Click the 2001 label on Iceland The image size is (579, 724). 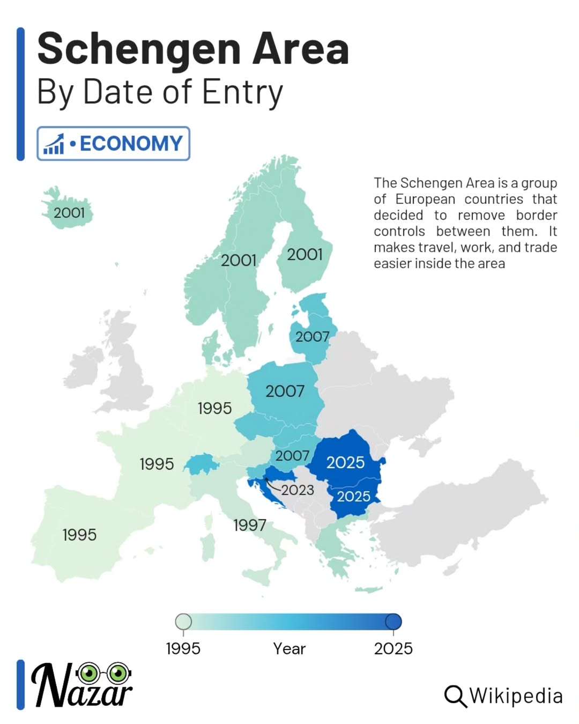69,213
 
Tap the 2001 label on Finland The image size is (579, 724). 305,254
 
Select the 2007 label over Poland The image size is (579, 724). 285,391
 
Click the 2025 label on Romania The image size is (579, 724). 345,462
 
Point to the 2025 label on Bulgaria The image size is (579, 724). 353,496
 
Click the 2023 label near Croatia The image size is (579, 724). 298,490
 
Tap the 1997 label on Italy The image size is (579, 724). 250,525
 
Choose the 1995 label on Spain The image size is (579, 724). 79,535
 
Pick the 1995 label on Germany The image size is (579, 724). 214,408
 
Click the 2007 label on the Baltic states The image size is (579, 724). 312,337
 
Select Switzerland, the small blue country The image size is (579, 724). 201,464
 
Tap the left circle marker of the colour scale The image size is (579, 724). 183,622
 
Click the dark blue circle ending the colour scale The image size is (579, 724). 394,622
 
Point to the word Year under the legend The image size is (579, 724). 289,649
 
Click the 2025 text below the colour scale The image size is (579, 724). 393,649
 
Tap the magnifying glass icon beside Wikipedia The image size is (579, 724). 455,696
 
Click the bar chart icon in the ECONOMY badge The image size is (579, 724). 54,144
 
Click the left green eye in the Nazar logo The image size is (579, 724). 89,671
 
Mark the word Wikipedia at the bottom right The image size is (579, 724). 516,696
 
